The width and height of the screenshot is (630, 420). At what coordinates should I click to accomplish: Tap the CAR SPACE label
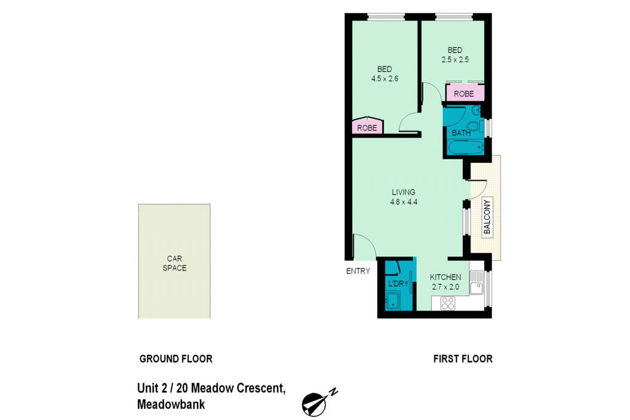[175, 263]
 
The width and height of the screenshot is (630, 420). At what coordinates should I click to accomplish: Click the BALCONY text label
[487, 217]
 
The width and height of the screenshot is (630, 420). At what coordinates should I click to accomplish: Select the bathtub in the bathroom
[465, 148]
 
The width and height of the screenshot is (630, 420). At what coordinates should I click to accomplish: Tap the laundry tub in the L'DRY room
[392, 301]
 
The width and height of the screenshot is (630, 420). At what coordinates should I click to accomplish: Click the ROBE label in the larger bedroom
[367, 129]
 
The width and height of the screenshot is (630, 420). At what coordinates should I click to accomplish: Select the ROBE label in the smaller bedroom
[464, 94]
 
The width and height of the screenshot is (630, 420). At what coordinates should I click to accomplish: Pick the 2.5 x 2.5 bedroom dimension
[455, 60]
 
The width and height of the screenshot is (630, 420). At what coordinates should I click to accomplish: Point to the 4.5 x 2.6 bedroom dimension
[385, 79]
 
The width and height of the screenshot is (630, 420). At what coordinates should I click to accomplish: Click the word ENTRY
[358, 271]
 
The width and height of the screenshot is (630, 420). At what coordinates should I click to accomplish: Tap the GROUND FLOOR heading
[175, 359]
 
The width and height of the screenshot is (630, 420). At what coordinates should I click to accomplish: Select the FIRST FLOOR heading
[463, 359]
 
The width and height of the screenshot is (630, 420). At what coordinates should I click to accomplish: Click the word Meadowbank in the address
[171, 405]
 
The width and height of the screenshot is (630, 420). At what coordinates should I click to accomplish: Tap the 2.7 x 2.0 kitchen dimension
[445, 287]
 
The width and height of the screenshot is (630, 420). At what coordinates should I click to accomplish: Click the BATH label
[461, 133]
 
